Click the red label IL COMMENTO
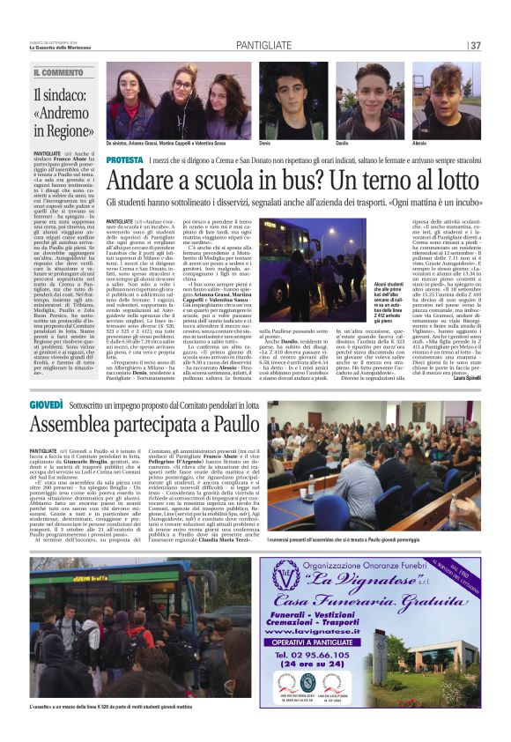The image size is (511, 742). pos(58,72)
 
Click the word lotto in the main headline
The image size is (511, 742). pos(453,182)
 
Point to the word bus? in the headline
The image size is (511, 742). pos(283,182)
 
